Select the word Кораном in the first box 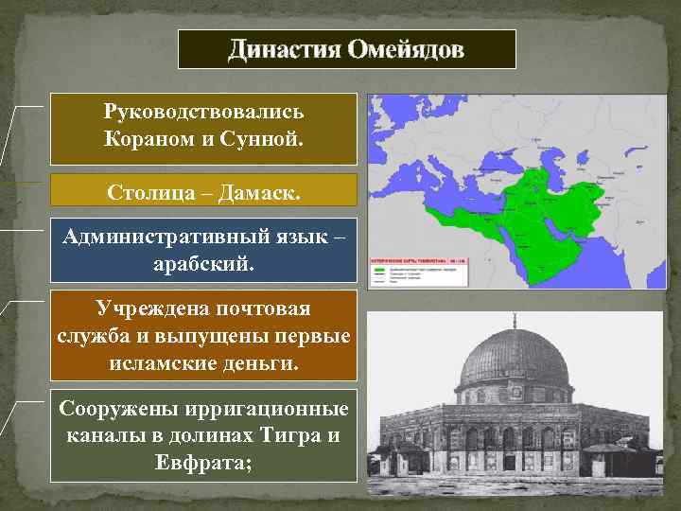tap(153, 141)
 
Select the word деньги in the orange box tap(253, 361)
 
